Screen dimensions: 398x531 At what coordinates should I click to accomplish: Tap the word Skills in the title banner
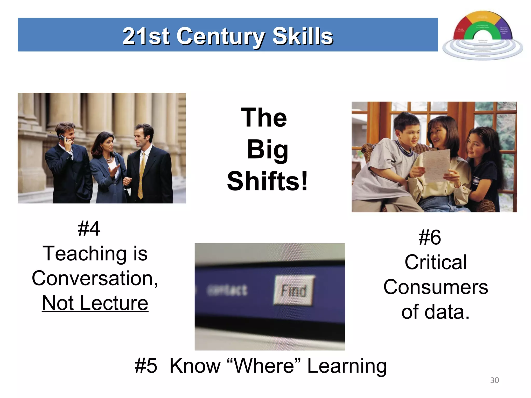tap(303, 37)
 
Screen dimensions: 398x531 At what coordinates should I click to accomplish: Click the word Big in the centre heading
tap(267, 150)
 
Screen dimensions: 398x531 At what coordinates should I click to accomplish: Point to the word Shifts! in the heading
tap(267, 181)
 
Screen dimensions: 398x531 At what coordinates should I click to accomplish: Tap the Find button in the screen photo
tap(294, 290)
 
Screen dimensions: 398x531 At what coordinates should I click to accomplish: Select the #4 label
tap(89, 229)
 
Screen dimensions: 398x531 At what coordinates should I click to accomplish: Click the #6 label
tap(430, 237)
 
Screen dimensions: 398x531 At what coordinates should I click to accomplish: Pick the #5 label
tap(146, 366)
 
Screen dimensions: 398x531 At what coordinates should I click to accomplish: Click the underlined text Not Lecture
tap(95, 303)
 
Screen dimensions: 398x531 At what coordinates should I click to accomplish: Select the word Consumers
tap(436, 287)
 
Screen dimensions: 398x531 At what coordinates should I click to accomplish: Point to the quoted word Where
tap(264, 366)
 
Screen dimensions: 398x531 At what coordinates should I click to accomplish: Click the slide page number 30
tap(494, 380)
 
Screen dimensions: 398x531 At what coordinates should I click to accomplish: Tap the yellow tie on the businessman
tap(142, 176)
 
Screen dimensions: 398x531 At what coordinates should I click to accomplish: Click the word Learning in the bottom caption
tap(347, 366)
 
